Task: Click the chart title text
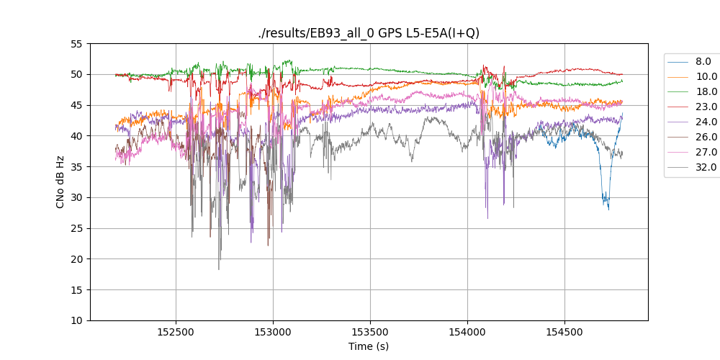coord(369,33)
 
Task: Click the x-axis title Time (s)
coord(369,346)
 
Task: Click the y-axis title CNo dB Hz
coord(60,182)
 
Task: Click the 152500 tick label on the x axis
coord(176,333)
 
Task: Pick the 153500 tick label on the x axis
coord(370,333)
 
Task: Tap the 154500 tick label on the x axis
coord(564,333)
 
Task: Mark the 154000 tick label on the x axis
coord(467,333)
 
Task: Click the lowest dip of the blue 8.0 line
coord(608,209)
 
